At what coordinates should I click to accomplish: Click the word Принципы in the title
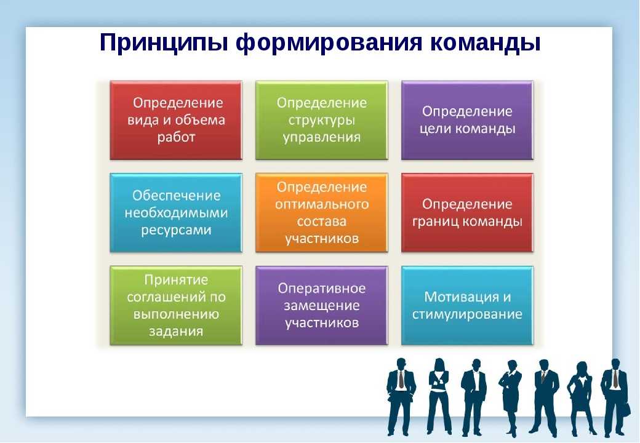click(x=164, y=43)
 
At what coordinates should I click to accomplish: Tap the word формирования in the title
click(x=329, y=43)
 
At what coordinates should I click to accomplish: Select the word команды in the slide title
click(x=486, y=43)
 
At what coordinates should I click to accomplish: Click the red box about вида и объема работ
click(x=176, y=120)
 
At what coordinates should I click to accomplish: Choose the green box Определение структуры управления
click(x=322, y=120)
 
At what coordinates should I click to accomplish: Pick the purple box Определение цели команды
click(x=467, y=120)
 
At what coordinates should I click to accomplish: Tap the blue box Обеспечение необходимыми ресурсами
click(x=176, y=212)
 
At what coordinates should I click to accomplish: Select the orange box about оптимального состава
click(x=322, y=212)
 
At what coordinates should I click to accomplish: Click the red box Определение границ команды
click(x=467, y=212)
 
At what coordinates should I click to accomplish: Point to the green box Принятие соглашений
click(x=176, y=306)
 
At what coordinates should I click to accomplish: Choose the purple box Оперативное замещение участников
click(x=322, y=306)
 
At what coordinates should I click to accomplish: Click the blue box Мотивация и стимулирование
click(x=467, y=306)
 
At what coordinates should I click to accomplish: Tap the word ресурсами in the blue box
click(x=176, y=230)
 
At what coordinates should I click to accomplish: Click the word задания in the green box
click(x=176, y=331)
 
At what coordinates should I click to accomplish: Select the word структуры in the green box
click(x=322, y=121)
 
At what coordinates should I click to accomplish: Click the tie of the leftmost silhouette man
click(x=401, y=380)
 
